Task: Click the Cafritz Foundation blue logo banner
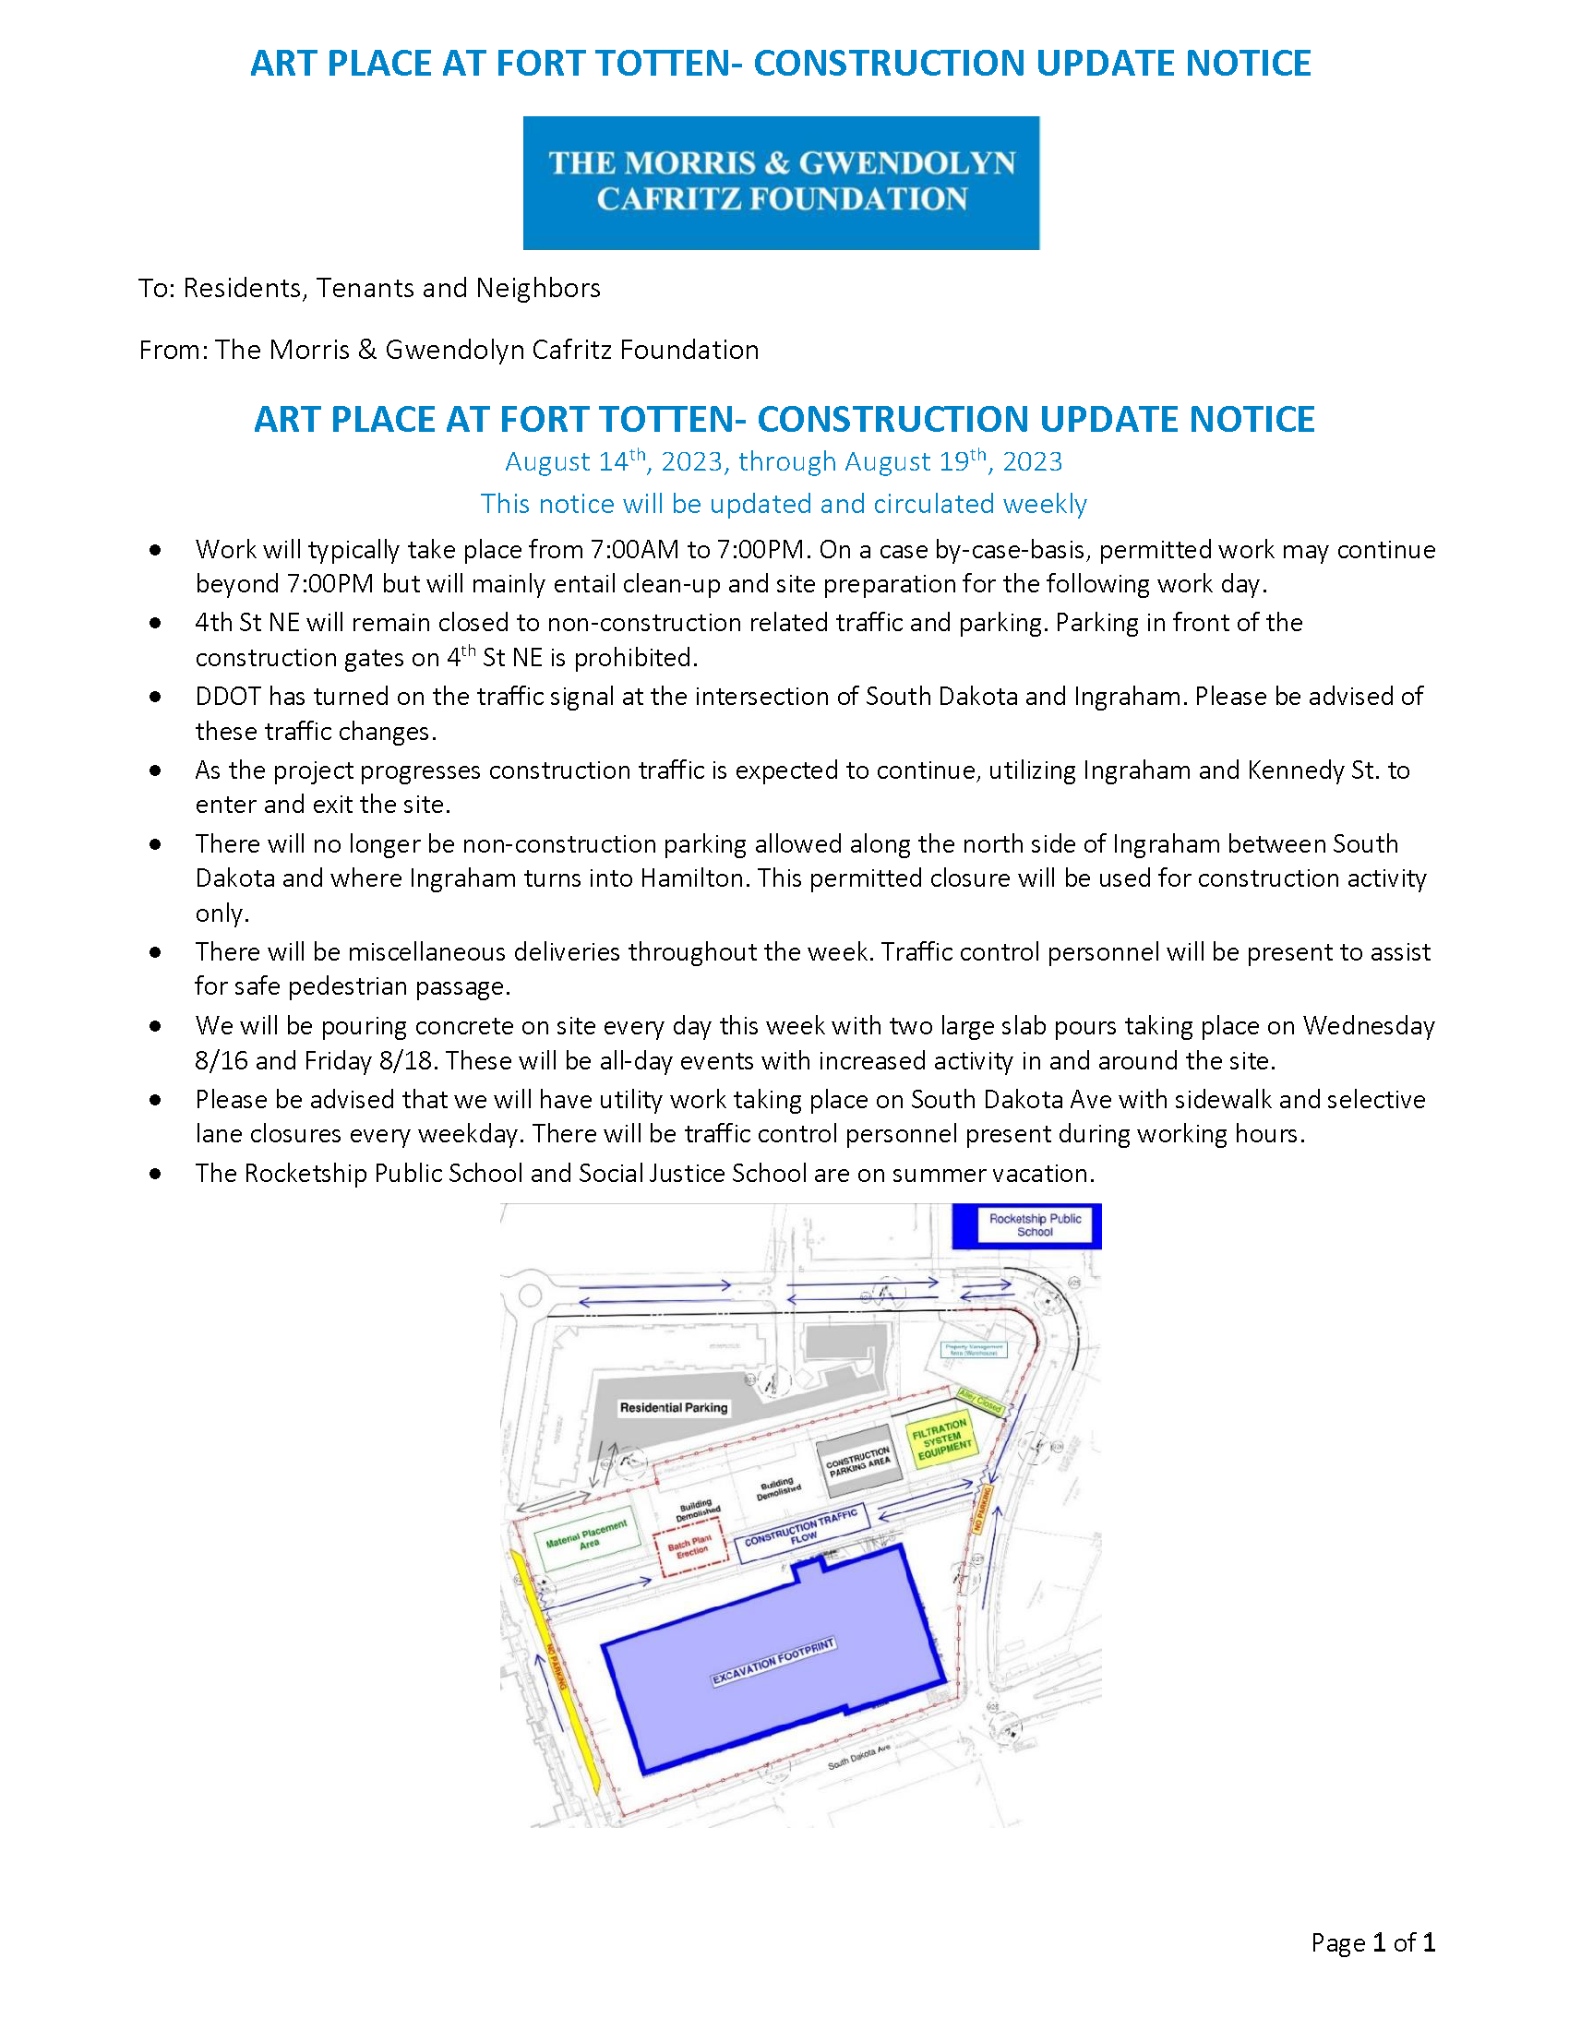click(x=781, y=182)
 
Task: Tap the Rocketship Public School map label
click(x=1035, y=1225)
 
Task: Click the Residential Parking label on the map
click(x=674, y=1408)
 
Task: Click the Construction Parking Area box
click(x=859, y=1463)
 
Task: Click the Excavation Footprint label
click(x=773, y=1662)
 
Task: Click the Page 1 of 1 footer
click(x=1373, y=1941)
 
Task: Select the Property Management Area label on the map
click(x=973, y=1350)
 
